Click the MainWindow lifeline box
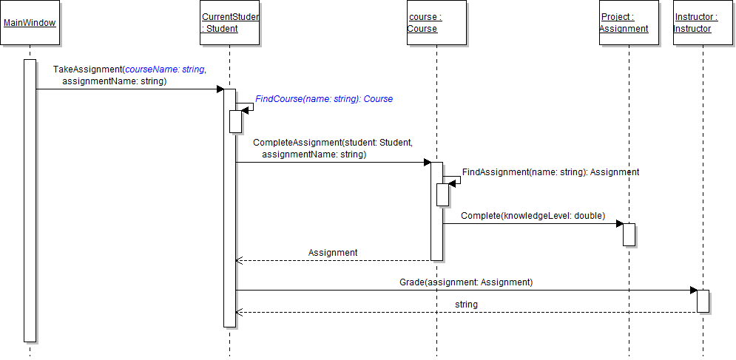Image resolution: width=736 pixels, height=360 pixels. [x=30, y=23]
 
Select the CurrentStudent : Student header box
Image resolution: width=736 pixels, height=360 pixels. [x=230, y=23]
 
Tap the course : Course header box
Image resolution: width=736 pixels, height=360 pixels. [x=436, y=23]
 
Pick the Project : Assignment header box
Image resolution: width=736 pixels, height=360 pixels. [x=624, y=23]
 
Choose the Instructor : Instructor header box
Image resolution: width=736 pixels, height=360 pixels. [x=696, y=23]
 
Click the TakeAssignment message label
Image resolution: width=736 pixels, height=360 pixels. [x=129, y=75]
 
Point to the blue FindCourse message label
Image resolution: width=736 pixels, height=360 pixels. [x=324, y=99]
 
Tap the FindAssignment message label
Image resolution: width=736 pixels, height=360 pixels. [x=550, y=172]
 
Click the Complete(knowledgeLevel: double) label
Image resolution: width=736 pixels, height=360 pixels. [x=533, y=216]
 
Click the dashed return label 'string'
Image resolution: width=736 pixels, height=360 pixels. [x=466, y=305]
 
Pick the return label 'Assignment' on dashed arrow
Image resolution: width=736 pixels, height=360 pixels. [x=333, y=253]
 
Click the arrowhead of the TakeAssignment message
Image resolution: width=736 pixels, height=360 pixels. [x=220, y=89]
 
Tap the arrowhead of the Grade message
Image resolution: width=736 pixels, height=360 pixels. [x=693, y=291]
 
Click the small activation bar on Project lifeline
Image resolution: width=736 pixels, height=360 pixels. [x=629, y=234]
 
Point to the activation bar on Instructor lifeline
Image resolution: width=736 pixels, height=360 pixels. [x=703, y=301]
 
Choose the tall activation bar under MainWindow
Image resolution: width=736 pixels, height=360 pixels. [x=30, y=200]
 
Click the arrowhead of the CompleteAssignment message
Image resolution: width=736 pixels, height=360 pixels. [x=427, y=163]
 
